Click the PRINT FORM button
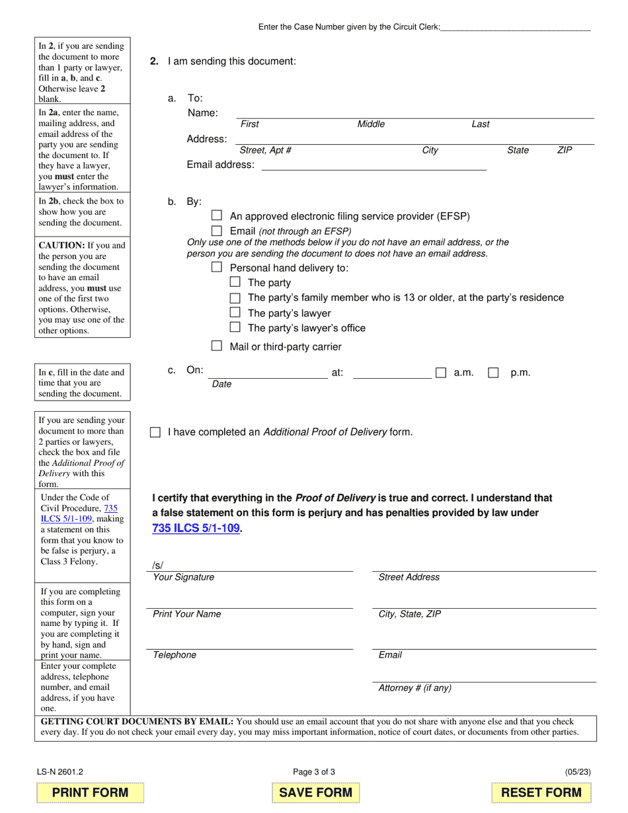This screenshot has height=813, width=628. (x=90, y=793)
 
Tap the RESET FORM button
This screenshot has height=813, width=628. (x=541, y=793)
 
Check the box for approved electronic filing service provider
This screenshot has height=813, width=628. (x=217, y=215)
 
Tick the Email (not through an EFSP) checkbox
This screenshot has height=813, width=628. (x=217, y=231)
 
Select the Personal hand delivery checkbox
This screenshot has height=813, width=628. (x=217, y=267)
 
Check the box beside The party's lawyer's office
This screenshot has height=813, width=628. (x=235, y=327)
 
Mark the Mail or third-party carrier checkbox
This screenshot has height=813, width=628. (x=217, y=346)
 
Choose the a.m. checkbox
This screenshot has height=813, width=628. (x=441, y=373)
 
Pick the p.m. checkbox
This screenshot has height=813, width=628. (x=493, y=373)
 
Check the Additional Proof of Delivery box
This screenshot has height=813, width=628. (x=155, y=432)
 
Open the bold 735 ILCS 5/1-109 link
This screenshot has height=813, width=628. (x=196, y=528)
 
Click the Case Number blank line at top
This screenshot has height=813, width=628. (x=516, y=27)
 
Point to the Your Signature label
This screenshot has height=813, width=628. (x=184, y=577)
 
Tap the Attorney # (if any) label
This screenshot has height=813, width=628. (x=414, y=688)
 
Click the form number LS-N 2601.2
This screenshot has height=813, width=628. (x=60, y=771)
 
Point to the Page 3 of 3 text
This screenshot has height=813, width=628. (x=314, y=771)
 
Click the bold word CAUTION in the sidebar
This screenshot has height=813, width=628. (x=61, y=245)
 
